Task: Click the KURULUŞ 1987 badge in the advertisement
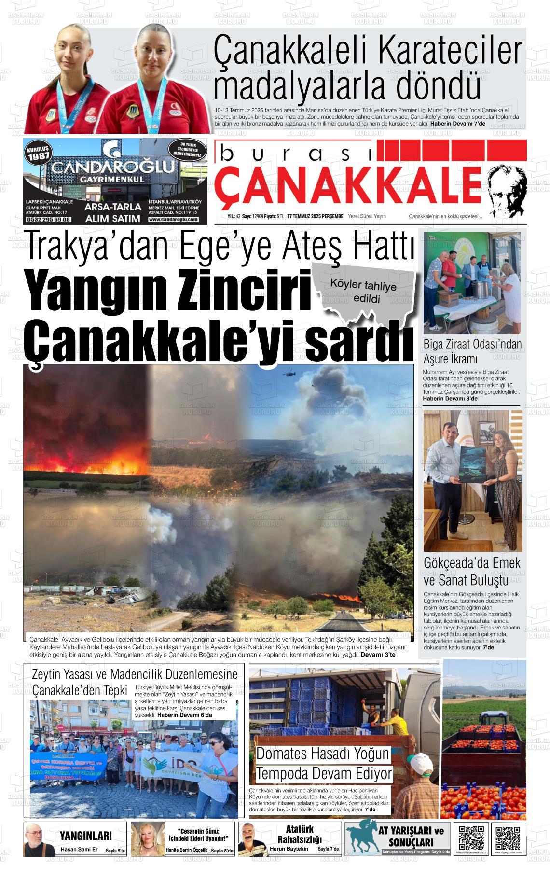pyautogui.click(x=38, y=154)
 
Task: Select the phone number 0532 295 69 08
pyautogui.click(x=49, y=219)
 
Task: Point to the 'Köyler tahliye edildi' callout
pyautogui.click(x=363, y=292)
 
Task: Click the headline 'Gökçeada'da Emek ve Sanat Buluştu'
pyautogui.click(x=472, y=571)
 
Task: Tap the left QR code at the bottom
pyautogui.click(x=471, y=838)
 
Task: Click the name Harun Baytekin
pyautogui.click(x=289, y=849)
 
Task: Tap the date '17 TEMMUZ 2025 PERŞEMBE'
pyautogui.click(x=315, y=217)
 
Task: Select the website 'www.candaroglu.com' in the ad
pyautogui.click(x=174, y=219)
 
